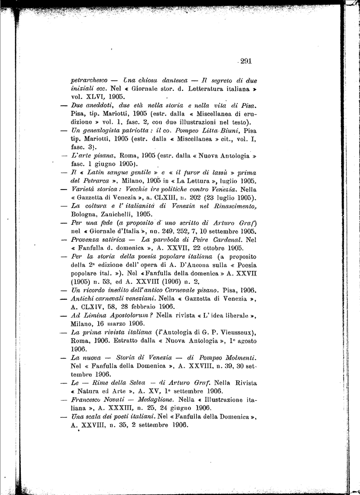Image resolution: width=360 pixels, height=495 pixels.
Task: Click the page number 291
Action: (x=246, y=61)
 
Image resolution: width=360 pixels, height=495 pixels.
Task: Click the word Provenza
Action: (x=85, y=240)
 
